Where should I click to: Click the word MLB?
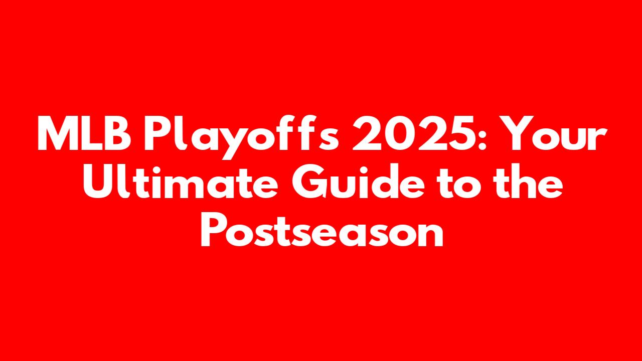point(84,134)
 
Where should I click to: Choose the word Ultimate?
point(181,182)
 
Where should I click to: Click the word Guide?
point(358,182)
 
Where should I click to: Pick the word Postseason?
point(322,229)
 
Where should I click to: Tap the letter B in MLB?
point(117,134)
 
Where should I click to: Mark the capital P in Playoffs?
point(156,134)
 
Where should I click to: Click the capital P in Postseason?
point(213,230)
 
